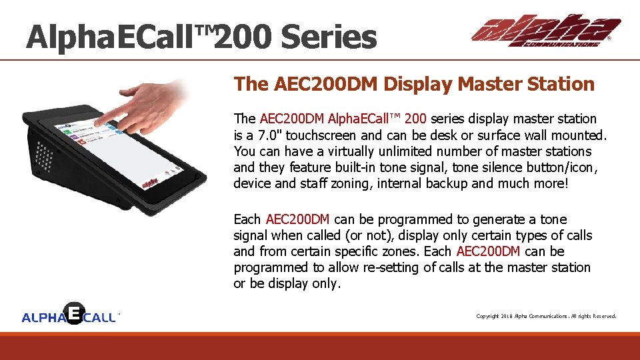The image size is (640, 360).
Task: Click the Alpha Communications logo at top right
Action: pyautogui.click(x=545, y=31)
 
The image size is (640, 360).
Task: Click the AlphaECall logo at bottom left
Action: pyautogui.click(x=70, y=315)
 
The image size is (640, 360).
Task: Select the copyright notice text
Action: pyautogui.click(x=545, y=316)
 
